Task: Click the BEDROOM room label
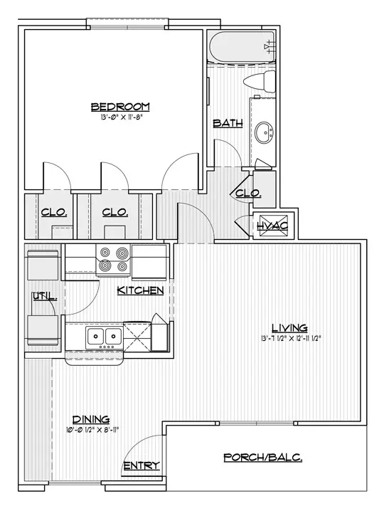click(x=120, y=107)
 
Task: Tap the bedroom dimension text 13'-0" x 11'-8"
click(x=122, y=117)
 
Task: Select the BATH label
click(x=228, y=123)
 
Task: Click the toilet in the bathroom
click(x=260, y=81)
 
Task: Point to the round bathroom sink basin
click(x=264, y=132)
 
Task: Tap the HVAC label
click(x=272, y=225)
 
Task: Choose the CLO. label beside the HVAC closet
click(x=248, y=194)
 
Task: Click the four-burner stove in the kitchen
click(x=113, y=260)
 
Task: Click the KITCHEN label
click(x=140, y=290)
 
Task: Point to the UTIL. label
click(x=45, y=297)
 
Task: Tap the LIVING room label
click(x=289, y=327)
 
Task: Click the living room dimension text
click(x=291, y=338)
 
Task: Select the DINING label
click(x=91, y=419)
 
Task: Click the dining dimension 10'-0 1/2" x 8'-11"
click(x=92, y=430)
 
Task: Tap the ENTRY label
click(x=142, y=465)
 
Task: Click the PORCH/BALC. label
click(x=263, y=458)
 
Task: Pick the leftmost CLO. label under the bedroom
click(x=54, y=212)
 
